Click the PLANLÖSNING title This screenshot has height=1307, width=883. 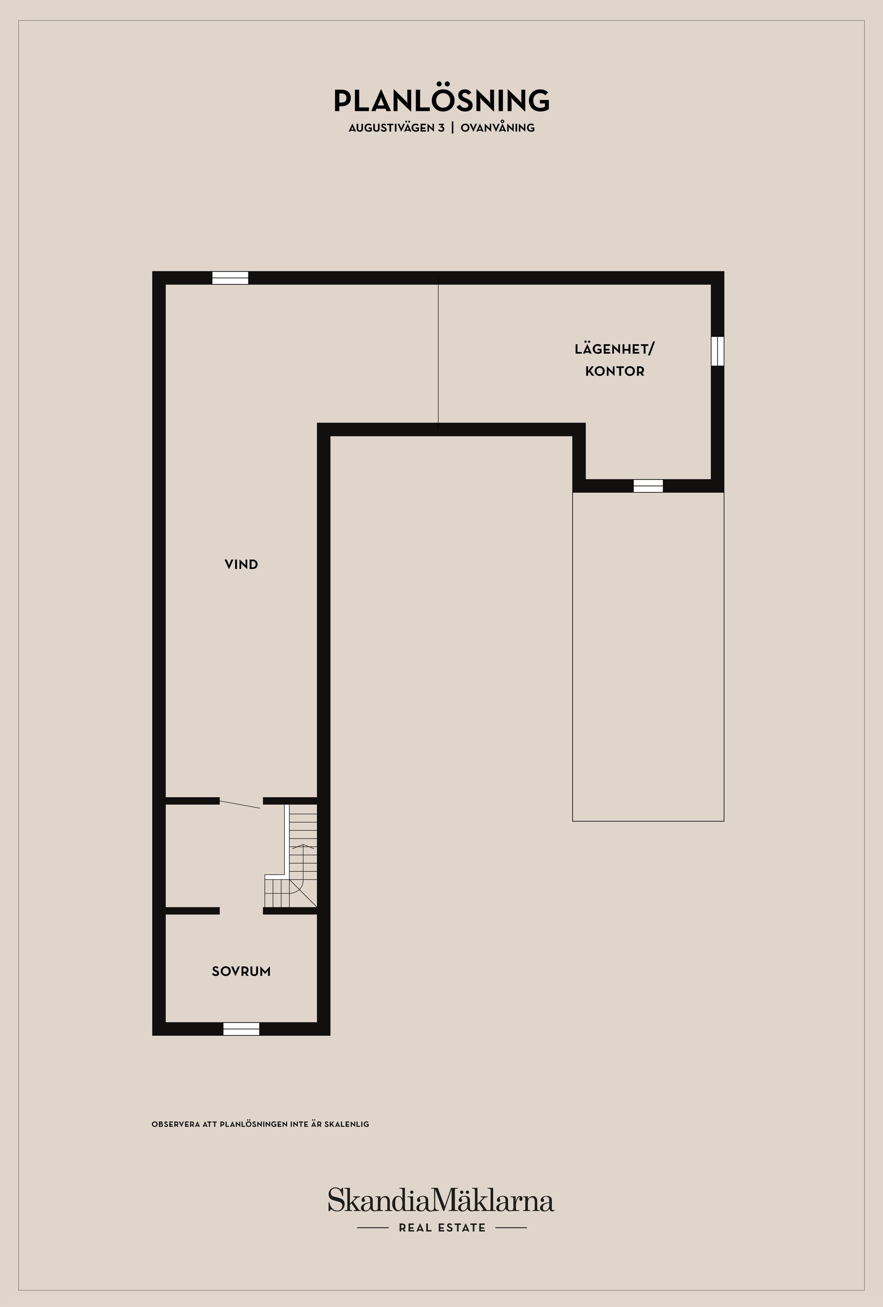click(441, 101)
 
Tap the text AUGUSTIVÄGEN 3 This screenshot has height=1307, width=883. click(396, 127)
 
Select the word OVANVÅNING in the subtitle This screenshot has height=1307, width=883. click(498, 127)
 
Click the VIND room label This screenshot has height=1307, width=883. click(241, 565)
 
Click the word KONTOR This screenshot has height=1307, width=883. click(614, 372)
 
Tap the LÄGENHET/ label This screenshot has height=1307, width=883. click(614, 349)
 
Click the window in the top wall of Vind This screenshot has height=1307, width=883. click(230, 278)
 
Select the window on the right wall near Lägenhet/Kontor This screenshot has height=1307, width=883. click(717, 351)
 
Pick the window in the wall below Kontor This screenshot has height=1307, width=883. click(648, 486)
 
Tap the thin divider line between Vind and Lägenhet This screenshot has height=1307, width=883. click(438, 354)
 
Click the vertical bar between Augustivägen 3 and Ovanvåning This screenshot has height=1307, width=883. click(453, 127)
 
